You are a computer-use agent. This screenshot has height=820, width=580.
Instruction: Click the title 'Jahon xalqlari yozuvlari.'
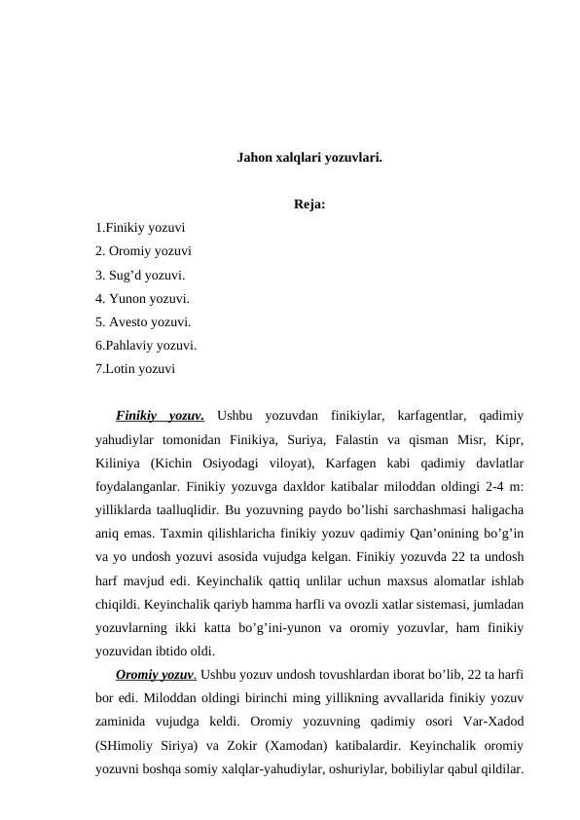pyautogui.click(x=308, y=157)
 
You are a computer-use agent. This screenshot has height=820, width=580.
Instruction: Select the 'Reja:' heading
pyautogui.click(x=308, y=205)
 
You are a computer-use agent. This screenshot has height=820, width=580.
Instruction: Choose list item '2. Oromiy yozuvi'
pyautogui.click(x=143, y=251)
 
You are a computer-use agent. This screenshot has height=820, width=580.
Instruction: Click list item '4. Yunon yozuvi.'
pyautogui.click(x=143, y=298)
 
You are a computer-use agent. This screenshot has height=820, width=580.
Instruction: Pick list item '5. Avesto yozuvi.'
pyautogui.click(x=143, y=321)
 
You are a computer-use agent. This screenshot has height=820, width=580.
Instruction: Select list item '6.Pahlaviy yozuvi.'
pyautogui.click(x=147, y=345)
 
